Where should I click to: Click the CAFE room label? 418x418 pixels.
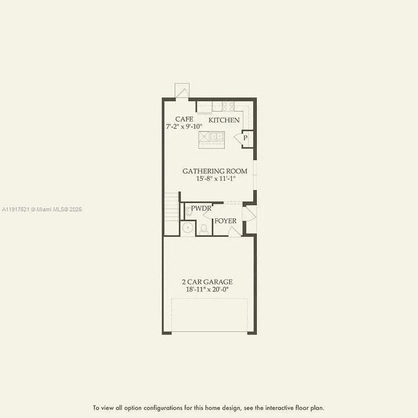point(184,119)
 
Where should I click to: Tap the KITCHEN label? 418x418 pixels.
point(224,120)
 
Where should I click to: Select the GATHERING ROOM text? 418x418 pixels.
point(215,171)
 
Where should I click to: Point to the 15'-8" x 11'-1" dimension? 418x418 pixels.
point(215,179)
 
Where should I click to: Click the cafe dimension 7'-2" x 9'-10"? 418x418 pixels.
point(184,127)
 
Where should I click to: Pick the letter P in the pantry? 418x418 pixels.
point(246,138)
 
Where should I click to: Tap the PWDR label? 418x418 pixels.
point(201,208)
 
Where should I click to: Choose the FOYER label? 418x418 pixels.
point(225,221)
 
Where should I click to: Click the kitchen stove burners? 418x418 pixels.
point(228,106)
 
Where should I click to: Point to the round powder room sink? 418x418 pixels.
point(188,228)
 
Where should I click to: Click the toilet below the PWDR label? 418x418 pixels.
point(204,229)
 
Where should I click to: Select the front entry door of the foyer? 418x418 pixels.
point(248,214)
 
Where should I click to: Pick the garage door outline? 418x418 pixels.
point(210,315)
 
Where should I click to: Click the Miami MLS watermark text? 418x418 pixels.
point(42,209)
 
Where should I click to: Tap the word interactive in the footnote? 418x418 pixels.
point(275,408)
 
